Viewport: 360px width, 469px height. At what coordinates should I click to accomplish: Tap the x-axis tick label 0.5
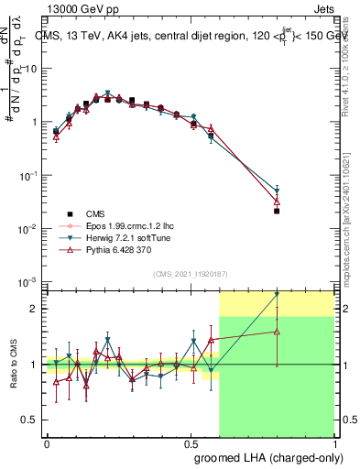(190, 443)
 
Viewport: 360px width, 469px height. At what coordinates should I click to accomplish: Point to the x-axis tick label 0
(47, 443)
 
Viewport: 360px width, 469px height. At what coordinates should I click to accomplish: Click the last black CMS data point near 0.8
(277, 211)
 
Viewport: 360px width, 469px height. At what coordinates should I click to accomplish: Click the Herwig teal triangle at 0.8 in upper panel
(277, 189)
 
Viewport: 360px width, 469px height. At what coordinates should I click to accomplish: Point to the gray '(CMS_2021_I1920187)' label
(190, 273)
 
